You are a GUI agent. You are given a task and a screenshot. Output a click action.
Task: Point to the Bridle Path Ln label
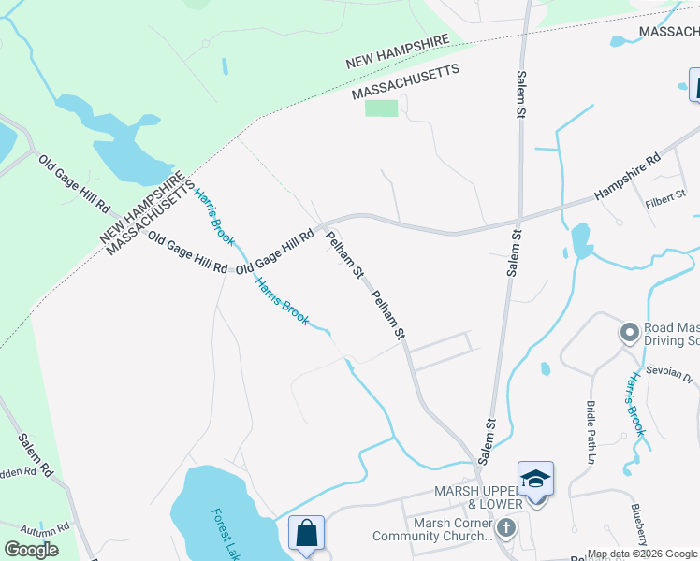pos(591,433)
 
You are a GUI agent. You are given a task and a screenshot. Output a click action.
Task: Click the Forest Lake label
pos(224,534)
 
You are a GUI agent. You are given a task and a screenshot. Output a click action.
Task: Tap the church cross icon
pos(505,528)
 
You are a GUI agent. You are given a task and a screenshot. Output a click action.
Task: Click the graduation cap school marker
pos(535,479)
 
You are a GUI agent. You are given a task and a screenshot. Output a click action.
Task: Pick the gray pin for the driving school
pos(629,332)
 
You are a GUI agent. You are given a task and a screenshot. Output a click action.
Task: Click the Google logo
pos(33,550)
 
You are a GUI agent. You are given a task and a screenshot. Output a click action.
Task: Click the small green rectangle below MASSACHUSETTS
pos(381,108)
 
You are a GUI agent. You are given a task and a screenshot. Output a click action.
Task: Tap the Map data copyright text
pos(642,554)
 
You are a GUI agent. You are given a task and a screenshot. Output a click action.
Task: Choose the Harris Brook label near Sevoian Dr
pos(637,404)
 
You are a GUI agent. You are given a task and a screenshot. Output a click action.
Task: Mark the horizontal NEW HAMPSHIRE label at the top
pos(398,53)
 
